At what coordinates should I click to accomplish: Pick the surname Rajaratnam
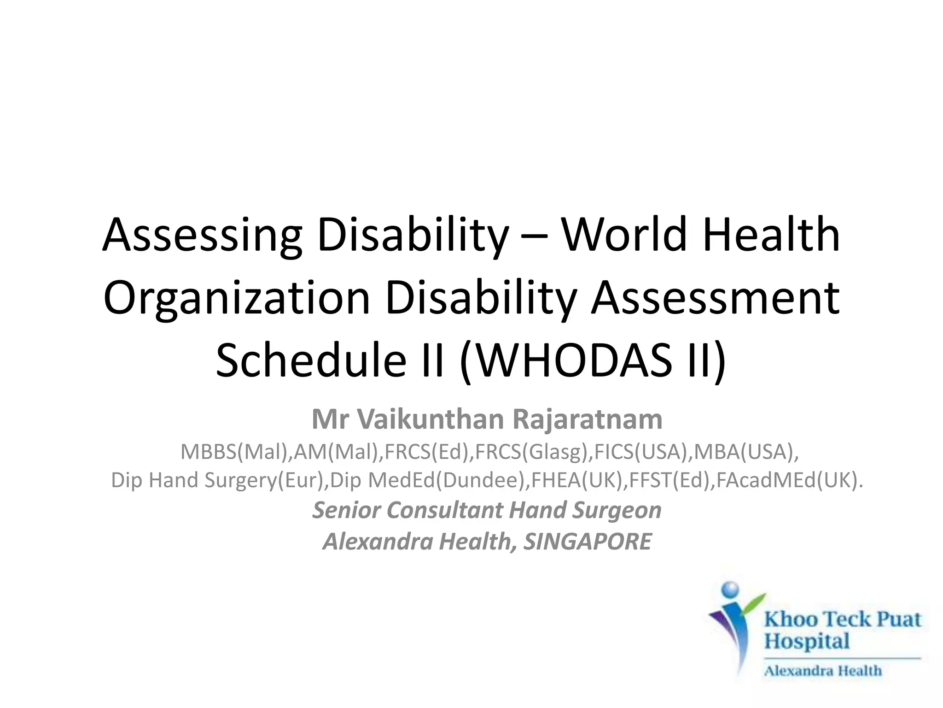(587, 419)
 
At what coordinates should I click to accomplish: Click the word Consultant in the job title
(446, 510)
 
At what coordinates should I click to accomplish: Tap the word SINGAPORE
(588, 542)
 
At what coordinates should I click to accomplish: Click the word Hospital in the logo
(807, 642)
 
